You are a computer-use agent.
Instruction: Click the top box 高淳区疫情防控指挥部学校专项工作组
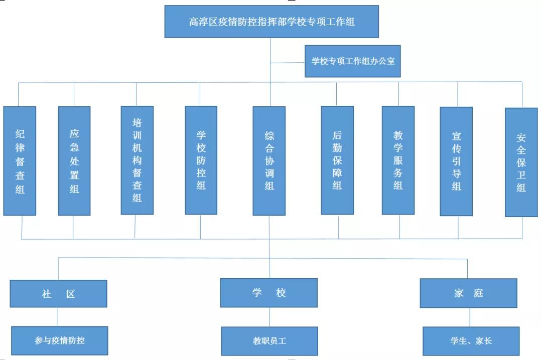[272, 22]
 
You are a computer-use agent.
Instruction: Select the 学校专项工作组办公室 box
[353, 61]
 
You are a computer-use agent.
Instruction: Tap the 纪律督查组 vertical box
[20, 160]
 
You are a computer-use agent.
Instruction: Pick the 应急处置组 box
[74, 160]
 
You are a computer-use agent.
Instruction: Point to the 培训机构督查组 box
[137, 160]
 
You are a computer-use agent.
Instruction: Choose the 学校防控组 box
[201, 160]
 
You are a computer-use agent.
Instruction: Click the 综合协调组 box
[269, 160]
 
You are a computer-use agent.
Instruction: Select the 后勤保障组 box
[337, 160]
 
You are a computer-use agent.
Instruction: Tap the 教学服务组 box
[398, 160]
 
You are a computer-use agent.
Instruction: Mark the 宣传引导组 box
[456, 161]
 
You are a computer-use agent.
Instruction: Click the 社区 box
[58, 294]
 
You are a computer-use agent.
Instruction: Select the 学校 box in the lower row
[269, 293]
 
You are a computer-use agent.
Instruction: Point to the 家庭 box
[468, 293]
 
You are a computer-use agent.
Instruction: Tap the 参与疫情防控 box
[60, 340]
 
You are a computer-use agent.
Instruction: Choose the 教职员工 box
[269, 341]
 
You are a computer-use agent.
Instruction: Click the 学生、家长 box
[471, 341]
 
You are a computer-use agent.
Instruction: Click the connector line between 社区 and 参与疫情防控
[58, 317]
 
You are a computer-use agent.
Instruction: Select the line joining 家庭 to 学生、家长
[470, 317]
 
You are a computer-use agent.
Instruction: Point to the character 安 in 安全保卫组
[521, 136]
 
